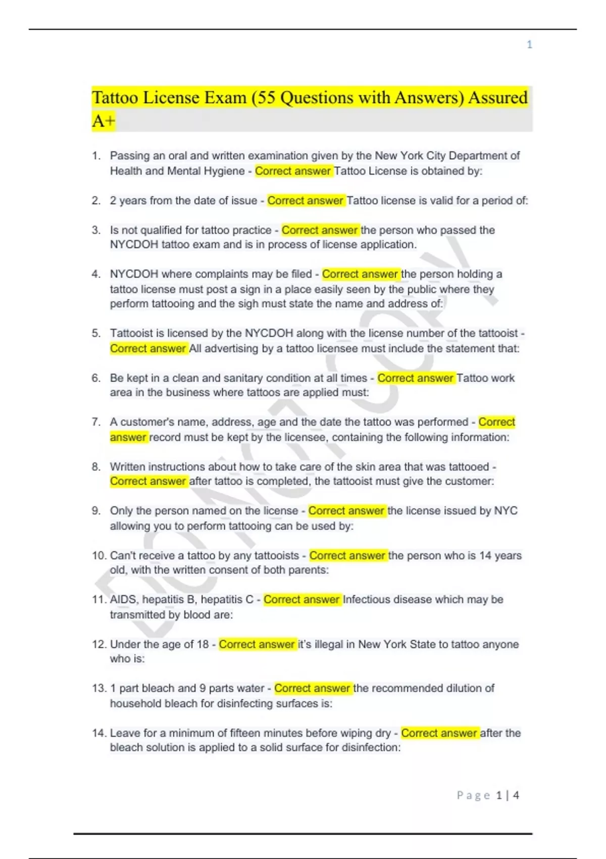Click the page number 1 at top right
point(529,44)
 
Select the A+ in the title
point(104,121)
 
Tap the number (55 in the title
point(263,98)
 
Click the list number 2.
point(96,201)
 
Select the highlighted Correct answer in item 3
point(320,230)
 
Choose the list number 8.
point(96,467)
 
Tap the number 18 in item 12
point(203,644)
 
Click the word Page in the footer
point(473,795)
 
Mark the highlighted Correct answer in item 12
point(257,644)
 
